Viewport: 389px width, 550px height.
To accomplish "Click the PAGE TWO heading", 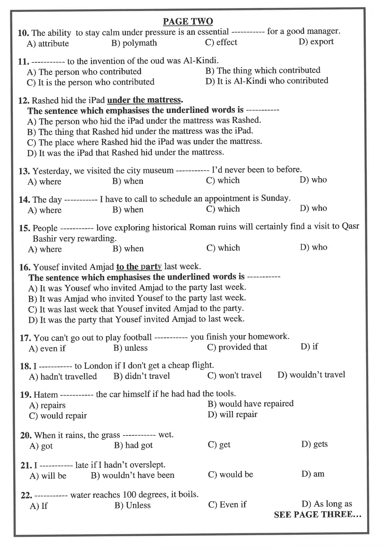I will click(188, 21).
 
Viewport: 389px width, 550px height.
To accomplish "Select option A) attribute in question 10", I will click(48, 44).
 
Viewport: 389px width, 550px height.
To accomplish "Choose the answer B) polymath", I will click(134, 43).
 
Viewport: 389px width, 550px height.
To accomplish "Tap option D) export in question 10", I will click(316, 42).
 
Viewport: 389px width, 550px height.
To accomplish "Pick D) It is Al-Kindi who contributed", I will click(267, 81).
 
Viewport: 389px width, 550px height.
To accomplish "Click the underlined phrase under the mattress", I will click(144, 100).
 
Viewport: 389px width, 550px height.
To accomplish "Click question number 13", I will click(24, 171).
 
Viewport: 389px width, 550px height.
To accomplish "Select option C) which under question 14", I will click(223, 209).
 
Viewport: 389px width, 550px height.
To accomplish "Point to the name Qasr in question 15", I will click(350, 226).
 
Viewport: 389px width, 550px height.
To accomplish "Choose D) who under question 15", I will click(313, 247).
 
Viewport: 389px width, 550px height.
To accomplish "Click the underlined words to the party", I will click(139, 267).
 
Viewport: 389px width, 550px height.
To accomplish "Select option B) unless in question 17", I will click(131, 348).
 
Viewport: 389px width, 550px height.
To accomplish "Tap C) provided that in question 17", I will click(237, 347).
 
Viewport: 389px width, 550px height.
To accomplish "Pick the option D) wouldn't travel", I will click(311, 375).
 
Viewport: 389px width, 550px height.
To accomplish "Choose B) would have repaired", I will click(251, 404).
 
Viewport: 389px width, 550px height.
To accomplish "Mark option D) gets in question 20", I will click(314, 444).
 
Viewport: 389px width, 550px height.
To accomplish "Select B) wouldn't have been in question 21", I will click(132, 475).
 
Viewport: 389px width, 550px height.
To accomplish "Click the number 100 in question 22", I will click(129, 495).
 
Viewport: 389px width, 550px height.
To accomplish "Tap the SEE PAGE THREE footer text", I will click(317, 515).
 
